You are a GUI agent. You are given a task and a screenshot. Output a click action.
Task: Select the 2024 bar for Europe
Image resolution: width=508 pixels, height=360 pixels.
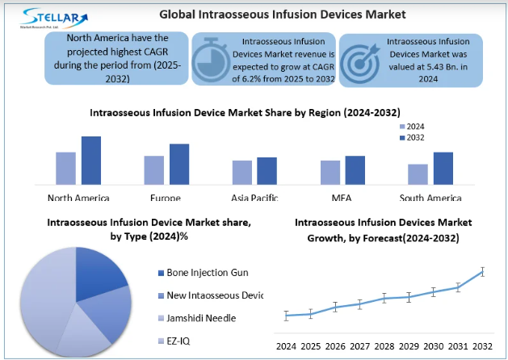tap(153, 170)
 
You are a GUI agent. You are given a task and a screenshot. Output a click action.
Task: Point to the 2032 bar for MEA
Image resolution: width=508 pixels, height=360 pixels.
tap(355, 170)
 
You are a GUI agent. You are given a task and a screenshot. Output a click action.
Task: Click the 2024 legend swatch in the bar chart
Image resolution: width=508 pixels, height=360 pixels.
tap(402, 127)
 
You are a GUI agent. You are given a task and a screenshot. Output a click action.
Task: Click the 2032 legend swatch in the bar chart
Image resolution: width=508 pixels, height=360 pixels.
tap(402, 138)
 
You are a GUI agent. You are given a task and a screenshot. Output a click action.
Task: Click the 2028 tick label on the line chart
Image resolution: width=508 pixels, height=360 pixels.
tap(385, 346)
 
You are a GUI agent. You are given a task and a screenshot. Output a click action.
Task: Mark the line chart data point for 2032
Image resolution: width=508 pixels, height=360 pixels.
tap(482, 272)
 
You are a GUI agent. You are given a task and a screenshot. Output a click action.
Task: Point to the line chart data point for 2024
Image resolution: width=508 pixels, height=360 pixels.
tap(286, 315)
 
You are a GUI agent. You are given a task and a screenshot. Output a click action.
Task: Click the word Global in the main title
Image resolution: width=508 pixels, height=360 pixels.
tap(179, 14)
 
